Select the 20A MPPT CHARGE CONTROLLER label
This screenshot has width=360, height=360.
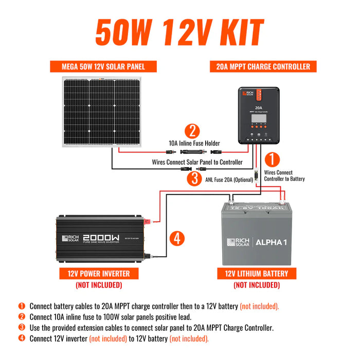[x=260, y=66]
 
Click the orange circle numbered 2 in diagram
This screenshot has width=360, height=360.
[x=191, y=131]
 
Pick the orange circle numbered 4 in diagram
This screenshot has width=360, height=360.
[x=176, y=238]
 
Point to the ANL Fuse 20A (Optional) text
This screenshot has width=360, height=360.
[x=229, y=179]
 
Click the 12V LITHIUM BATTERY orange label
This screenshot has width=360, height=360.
[x=256, y=273]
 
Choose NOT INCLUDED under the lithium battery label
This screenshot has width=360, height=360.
[x=256, y=285]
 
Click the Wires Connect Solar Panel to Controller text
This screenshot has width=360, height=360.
[x=197, y=162]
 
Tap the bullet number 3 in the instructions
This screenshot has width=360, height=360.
[x=22, y=327]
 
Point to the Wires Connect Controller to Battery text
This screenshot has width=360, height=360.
[x=284, y=176]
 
